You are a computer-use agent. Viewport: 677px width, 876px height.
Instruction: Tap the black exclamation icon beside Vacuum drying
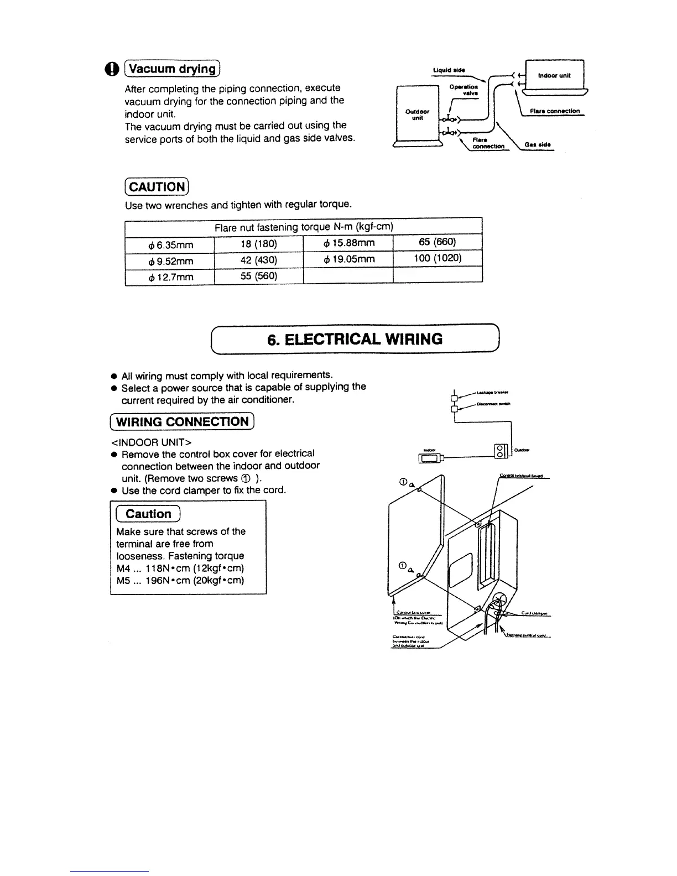pyautogui.click(x=111, y=69)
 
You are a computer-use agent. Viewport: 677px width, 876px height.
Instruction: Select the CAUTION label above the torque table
pyautogui.click(x=158, y=186)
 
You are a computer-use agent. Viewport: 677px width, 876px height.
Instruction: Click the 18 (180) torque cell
pyautogui.click(x=259, y=243)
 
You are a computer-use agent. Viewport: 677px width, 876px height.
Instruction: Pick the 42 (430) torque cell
pyautogui.click(x=259, y=260)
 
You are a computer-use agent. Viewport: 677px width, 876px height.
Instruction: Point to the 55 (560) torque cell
pyautogui.click(x=259, y=275)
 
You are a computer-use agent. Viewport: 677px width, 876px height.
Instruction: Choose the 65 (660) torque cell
pyautogui.click(x=438, y=242)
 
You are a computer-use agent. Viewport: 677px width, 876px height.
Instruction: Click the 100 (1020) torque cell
pyautogui.click(x=438, y=258)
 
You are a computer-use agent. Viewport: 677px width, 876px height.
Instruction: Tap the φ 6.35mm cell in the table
pyautogui.click(x=169, y=244)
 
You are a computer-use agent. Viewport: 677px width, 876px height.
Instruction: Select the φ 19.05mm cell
pyautogui.click(x=348, y=259)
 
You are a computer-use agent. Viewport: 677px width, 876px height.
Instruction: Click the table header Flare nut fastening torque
pyautogui.click(x=304, y=227)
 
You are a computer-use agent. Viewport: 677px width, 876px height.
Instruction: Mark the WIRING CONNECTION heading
pyautogui.click(x=182, y=421)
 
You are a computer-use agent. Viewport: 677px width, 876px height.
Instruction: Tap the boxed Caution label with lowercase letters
pyautogui.click(x=148, y=514)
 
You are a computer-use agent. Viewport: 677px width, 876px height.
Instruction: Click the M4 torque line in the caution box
pyautogui.click(x=180, y=568)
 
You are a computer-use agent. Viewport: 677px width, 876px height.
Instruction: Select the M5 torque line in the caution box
pyautogui.click(x=180, y=580)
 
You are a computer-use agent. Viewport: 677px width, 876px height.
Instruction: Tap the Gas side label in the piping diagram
pyautogui.click(x=538, y=145)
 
